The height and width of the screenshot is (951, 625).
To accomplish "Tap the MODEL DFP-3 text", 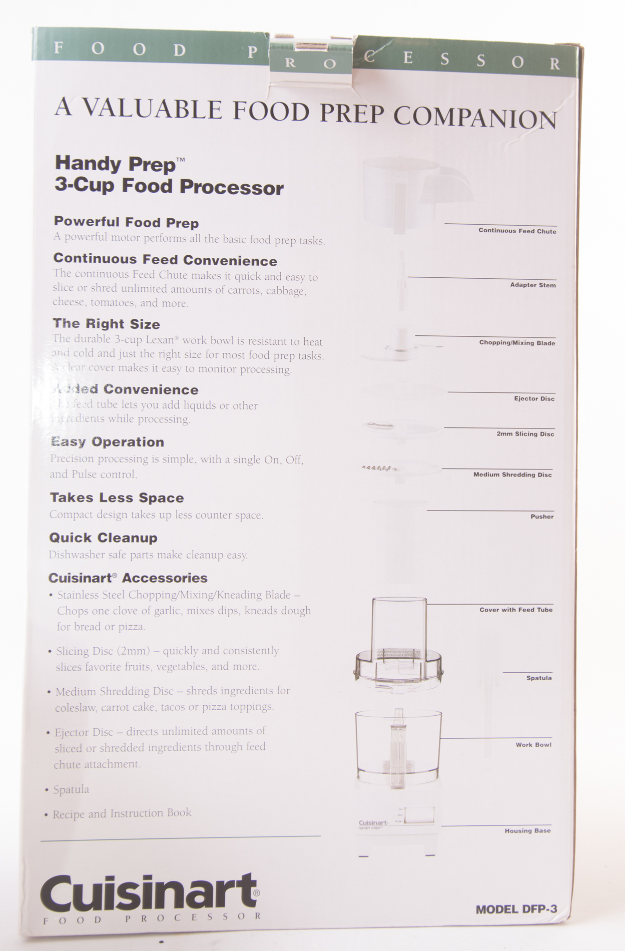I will [516, 909].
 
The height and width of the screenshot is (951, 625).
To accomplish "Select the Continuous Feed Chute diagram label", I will [517, 231].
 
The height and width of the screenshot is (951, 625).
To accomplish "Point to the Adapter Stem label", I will [532, 285].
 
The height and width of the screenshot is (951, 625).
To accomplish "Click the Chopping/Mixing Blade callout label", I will [517, 343].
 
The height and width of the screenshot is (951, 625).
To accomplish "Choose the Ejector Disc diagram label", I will [534, 398].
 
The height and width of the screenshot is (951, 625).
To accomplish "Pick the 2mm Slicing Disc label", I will [525, 434].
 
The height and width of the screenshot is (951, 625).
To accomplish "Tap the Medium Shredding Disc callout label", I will [512, 474].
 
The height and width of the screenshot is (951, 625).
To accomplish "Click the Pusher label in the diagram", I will [542, 517].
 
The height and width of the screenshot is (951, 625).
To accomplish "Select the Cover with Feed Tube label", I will [516, 610].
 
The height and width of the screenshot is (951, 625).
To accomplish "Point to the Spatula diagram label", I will [538, 678].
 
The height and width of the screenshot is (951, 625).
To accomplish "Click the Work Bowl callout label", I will [533, 745].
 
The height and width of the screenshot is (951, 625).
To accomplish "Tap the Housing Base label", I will [527, 831].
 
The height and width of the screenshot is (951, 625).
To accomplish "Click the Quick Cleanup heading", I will [103, 538].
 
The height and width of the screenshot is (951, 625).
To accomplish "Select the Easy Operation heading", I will [107, 442].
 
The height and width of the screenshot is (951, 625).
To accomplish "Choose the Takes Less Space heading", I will [117, 498].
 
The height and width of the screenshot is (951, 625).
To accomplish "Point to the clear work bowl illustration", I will [398, 748].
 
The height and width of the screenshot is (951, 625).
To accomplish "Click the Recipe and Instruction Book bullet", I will [122, 813].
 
